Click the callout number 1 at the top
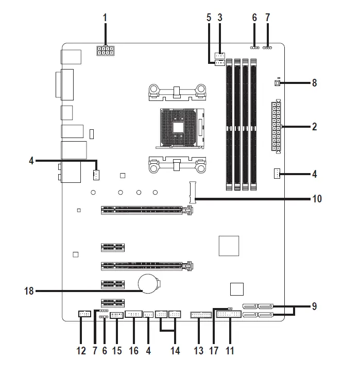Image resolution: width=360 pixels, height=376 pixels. pos(105,18)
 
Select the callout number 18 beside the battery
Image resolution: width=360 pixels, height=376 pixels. pos(29,291)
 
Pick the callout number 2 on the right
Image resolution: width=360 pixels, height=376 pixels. pos(314,126)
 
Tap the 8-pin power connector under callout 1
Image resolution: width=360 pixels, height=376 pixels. pos(105,50)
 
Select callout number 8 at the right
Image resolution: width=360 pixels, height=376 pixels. pos(314,82)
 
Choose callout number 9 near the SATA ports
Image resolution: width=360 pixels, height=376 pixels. pos(314,306)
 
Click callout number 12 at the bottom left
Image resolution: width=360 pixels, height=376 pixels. pos(81,351)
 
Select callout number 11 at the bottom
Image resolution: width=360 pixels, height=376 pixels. pos(230,351)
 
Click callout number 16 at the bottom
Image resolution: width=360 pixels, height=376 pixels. pos(133,351)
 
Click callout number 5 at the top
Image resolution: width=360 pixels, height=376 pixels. pos(209,18)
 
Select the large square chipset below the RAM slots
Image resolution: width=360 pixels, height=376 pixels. pos(229,246)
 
